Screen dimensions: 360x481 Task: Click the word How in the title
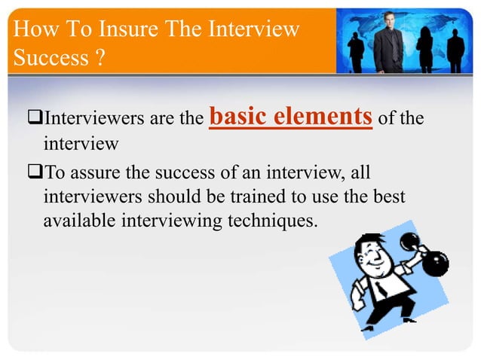32,31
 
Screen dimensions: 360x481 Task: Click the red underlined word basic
237,117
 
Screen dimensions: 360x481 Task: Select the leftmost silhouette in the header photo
356,49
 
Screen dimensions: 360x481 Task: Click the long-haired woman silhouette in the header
425,45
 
